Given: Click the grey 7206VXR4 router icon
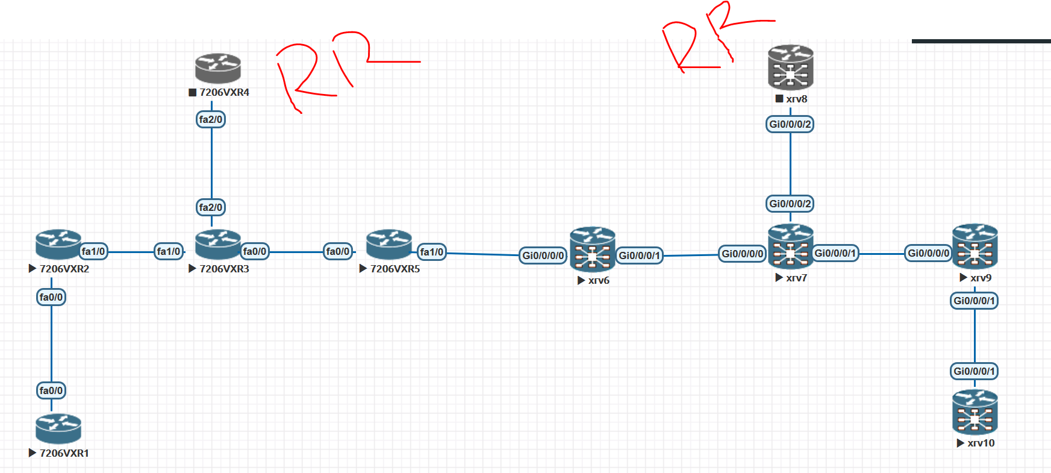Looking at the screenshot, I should (217, 68).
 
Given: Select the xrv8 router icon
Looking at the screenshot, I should (790, 68).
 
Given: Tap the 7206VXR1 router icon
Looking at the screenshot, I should (58, 428).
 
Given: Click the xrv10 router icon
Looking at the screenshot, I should (975, 412).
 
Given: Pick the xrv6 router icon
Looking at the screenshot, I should (593, 249).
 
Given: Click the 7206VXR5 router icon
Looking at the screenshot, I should (389, 244).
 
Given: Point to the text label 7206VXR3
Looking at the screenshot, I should (224, 269).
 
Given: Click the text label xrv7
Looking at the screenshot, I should (796, 278).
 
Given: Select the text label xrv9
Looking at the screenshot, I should (981, 278).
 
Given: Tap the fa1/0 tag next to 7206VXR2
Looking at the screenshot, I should (93, 251).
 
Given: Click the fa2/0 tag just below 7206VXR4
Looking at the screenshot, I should (211, 119).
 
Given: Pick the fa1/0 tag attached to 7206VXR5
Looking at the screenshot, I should (432, 252).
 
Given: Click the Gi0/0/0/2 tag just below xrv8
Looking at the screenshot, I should (790, 124).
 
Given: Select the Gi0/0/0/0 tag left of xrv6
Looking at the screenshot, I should (543, 255).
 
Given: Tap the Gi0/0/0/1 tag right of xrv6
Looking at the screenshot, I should (639, 255).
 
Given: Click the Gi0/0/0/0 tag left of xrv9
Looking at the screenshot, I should (928, 253).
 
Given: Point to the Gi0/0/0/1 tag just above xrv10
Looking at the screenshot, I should (974, 371).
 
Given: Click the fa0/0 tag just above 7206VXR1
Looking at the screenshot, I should (51, 390).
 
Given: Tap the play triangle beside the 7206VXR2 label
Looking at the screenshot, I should (33, 269).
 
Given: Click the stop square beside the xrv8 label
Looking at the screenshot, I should (779, 99).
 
